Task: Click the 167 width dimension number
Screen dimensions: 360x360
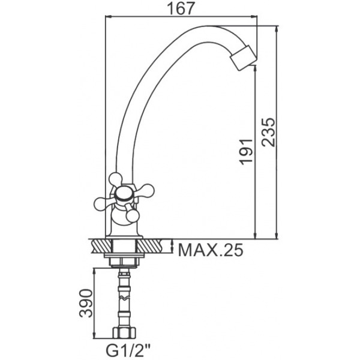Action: pyautogui.click(x=181, y=9)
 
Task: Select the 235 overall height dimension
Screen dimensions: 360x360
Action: pyautogui.click(x=268, y=132)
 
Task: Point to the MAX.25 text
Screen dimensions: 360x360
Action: pyautogui.click(x=211, y=250)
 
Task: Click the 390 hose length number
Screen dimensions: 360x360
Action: pyautogui.click(x=86, y=303)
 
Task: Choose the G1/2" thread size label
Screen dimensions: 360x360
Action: pyautogui.click(x=128, y=350)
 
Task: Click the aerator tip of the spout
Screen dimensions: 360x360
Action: pyautogui.click(x=244, y=58)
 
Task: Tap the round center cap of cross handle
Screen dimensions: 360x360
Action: pyautogui.click(x=124, y=194)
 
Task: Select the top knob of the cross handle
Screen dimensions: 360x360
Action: pyautogui.click(x=115, y=179)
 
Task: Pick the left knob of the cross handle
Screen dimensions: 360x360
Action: pyautogui.click(x=101, y=203)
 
